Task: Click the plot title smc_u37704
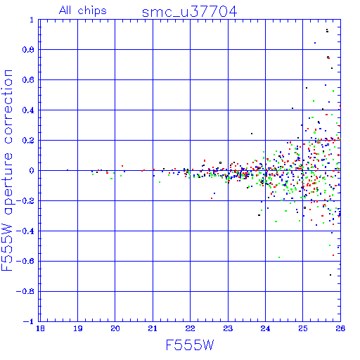(x=189, y=12)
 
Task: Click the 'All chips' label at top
(x=82, y=11)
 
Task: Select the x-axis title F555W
(x=190, y=345)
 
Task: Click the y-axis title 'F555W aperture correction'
(x=7, y=170)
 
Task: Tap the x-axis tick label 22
(x=190, y=328)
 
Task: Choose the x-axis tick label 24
(x=265, y=328)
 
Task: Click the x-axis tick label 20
(x=115, y=328)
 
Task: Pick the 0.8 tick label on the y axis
(x=28, y=49)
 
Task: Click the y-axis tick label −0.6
(x=25, y=261)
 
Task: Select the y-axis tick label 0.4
(x=28, y=110)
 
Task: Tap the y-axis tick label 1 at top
(x=32, y=20)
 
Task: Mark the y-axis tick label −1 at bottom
(x=29, y=321)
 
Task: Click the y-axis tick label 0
(x=32, y=170)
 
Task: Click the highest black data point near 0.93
(x=327, y=30)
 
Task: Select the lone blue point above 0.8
(x=315, y=43)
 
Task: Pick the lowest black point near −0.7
(x=330, y=275)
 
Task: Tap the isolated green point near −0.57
(x=279, y=257)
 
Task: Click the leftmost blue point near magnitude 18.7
(x=67, y=170)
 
